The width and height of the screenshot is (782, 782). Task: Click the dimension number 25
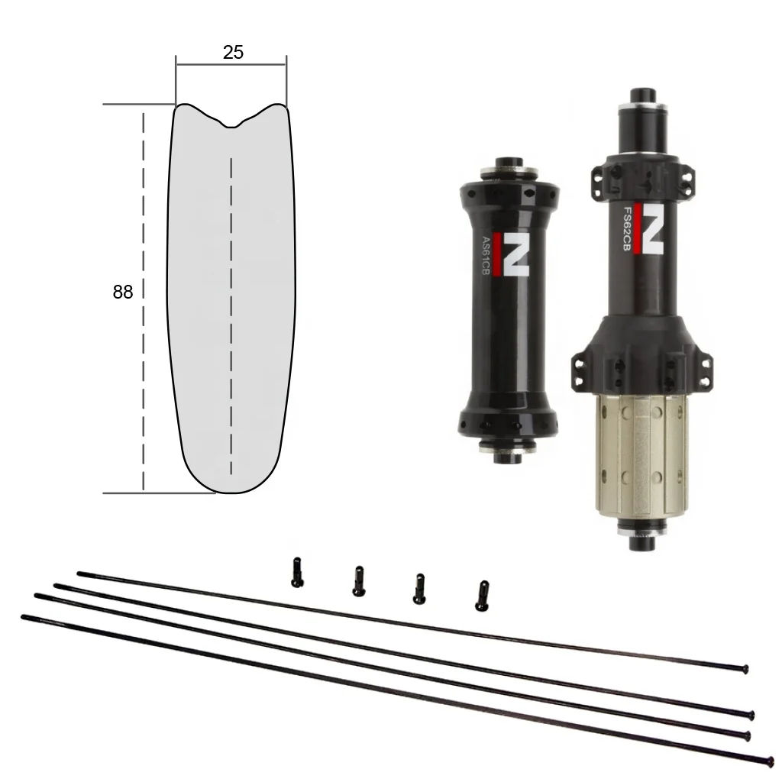[x=233, y=53]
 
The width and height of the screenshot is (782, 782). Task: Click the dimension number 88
[x=123, y=292]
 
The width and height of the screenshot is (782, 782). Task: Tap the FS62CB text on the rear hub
[x=628, y=228]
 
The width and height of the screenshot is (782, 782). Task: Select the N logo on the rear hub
[x=649, y=228]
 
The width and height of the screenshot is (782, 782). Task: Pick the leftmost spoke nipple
[x=297, y=572]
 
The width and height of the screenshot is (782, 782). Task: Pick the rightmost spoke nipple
[x=482, y=596]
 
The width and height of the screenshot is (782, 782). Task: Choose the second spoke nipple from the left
[x=359, y=581]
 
